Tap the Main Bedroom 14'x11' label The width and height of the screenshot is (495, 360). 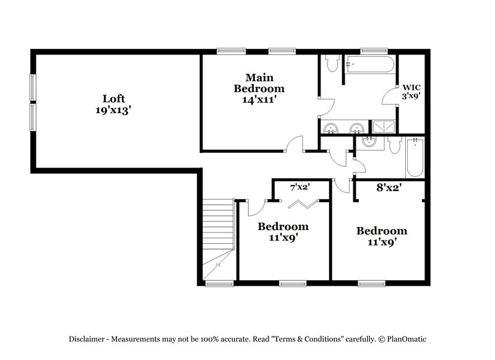click(259, 88)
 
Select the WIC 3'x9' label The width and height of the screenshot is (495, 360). click(411, 92)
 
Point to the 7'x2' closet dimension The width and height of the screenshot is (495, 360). click(300, 186)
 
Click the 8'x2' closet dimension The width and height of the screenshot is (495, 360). click(390, 186)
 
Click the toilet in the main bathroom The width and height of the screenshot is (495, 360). click(332, 63)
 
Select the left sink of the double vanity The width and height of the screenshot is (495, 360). click(332, 128)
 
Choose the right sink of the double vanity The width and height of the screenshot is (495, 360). click(357, 128)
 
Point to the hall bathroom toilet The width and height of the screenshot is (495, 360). click(394, 145)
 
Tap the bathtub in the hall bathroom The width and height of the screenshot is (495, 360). click(414, 158)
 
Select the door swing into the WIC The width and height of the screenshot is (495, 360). click(390, 99)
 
